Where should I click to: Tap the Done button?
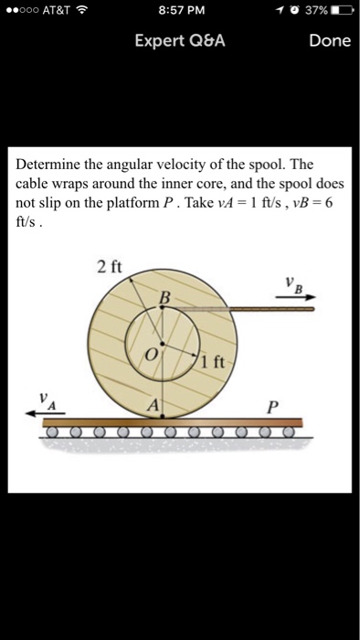(x=330, y=41)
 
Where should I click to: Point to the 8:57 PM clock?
(x=181, y=11)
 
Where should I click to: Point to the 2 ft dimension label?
(x=108, y=268)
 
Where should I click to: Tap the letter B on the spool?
(x=164, y=296)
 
